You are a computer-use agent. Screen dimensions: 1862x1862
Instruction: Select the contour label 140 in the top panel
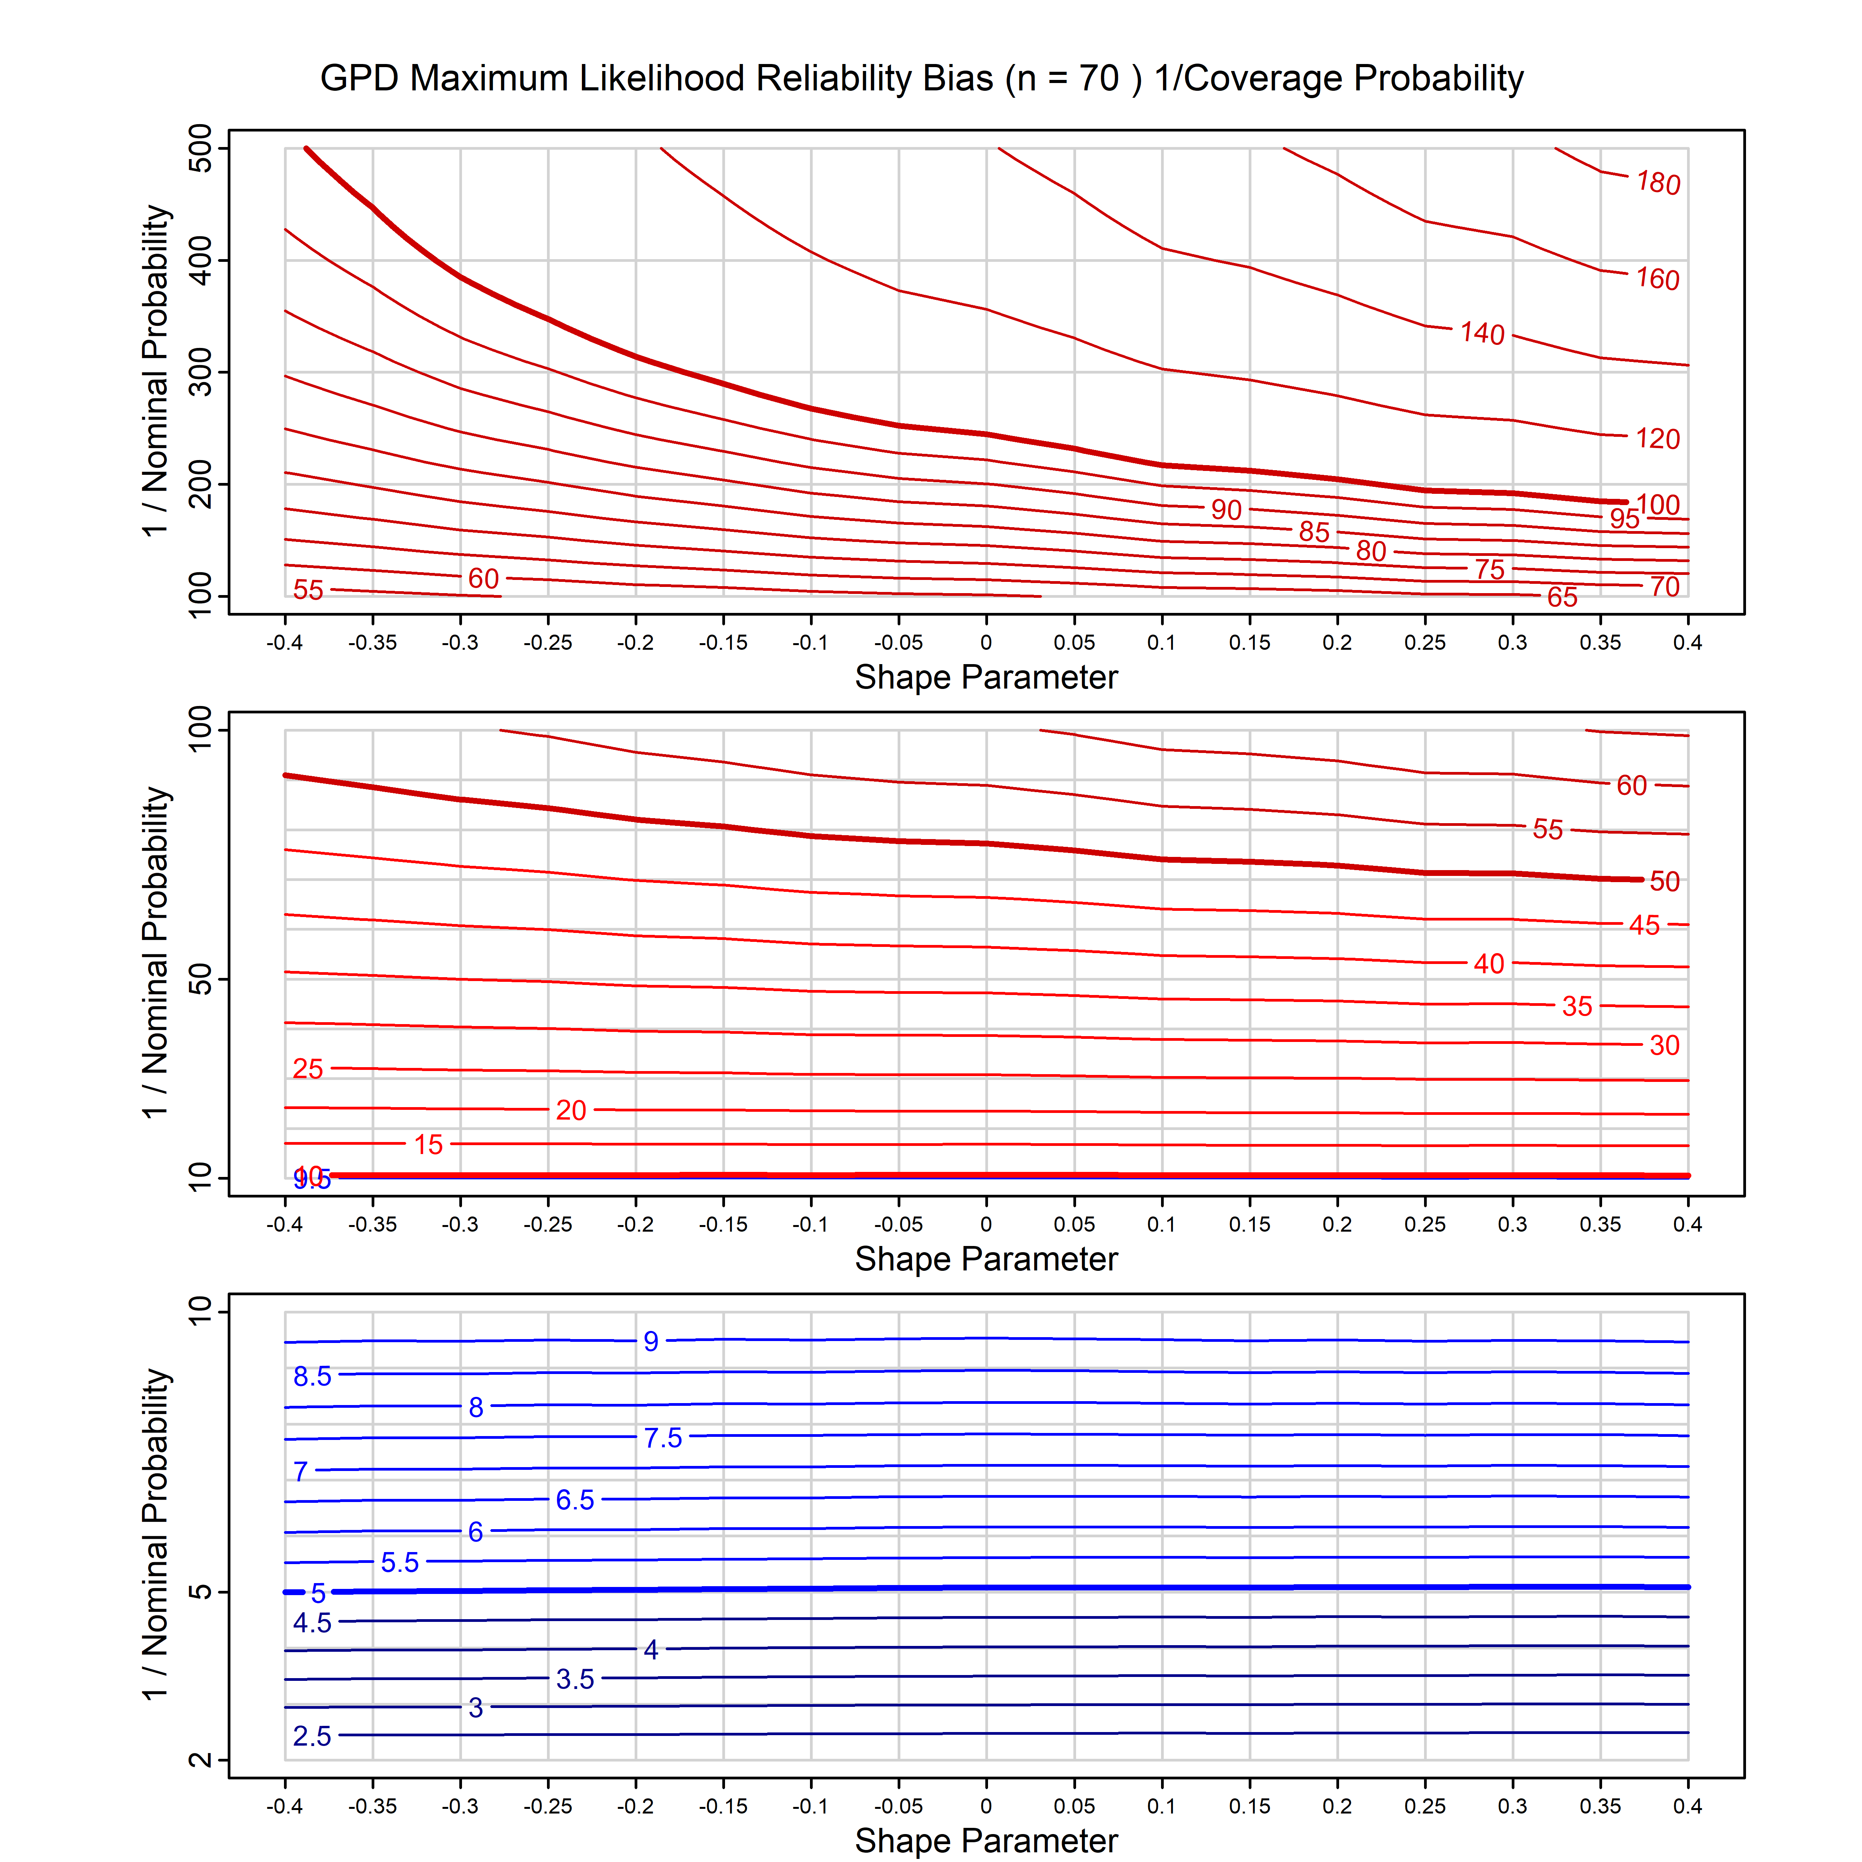(1481, 334)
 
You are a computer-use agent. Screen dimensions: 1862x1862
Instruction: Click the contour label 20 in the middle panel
(571, 1110)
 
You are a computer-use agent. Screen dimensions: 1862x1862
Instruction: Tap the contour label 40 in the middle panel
(1488, 964)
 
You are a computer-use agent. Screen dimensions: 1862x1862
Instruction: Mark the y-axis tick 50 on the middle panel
(201, 980)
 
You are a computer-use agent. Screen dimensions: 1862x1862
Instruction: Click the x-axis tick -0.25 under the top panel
(547, 643)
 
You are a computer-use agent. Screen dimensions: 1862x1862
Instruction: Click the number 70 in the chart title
(1099, 78)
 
